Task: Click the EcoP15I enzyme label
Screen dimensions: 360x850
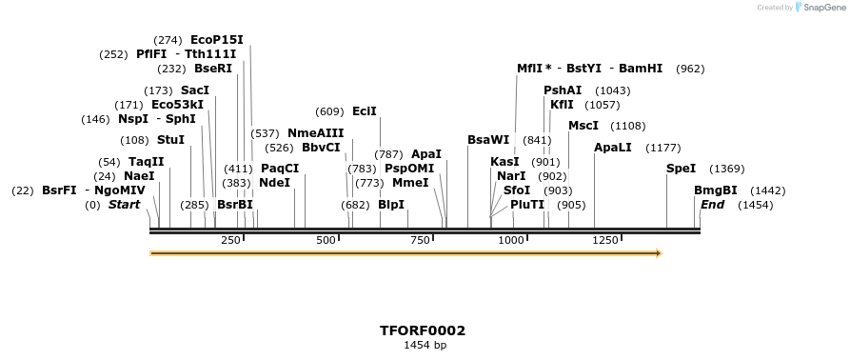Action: click(217, 40)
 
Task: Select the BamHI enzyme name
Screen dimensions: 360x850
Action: click(641, 69)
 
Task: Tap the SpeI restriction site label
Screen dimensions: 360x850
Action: click(681, 169)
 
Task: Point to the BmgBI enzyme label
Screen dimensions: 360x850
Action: click(715, 190)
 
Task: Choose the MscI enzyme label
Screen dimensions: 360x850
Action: click(583, 126)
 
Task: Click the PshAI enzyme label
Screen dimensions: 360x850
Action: click(563, 90)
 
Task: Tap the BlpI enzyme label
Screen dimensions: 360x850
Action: click(391, 205)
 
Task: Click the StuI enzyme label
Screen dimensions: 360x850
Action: click(170, 140)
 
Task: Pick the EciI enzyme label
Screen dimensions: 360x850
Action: click(365, 111)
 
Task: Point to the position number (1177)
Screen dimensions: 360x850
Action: click(663, 148)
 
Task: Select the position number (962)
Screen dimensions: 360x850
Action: click(690, 69)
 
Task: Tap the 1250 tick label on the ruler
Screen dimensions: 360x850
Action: click(605, 241)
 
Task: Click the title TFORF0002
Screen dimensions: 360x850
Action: click(423, 330)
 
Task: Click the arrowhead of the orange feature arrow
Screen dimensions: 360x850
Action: click(657, 253)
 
